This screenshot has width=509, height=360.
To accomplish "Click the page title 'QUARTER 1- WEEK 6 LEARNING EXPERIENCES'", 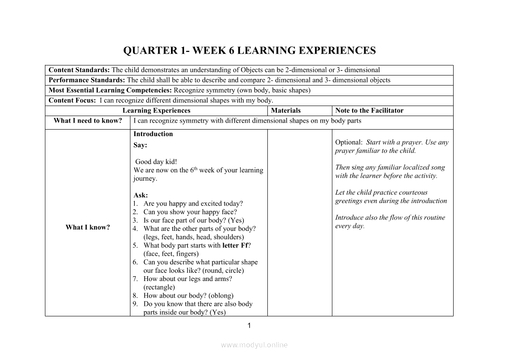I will [249, 51].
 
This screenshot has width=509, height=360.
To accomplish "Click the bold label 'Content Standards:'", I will [79, 70].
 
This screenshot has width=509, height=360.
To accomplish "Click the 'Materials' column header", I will [286, 110].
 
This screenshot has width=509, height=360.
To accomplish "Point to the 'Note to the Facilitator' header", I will [369, 110].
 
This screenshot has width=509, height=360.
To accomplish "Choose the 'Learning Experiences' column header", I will [156, 110].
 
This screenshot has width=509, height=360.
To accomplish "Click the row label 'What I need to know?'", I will [88, 121].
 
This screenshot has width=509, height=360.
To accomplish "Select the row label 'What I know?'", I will [88, 227].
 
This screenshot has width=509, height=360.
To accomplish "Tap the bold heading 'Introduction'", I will [153, 134].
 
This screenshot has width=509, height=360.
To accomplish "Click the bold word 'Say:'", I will [140, 145].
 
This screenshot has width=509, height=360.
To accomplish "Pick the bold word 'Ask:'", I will [140, 195].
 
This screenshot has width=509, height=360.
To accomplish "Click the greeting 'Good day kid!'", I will [156, 162].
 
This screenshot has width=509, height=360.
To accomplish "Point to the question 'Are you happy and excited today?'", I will [193, 204].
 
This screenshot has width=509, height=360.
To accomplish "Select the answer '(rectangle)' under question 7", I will [159, 287].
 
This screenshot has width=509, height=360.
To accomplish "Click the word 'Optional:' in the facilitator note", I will [348, 142].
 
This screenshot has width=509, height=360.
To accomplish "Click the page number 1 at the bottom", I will [249, 325].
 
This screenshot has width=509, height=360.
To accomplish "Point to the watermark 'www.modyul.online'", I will [254, 345].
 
